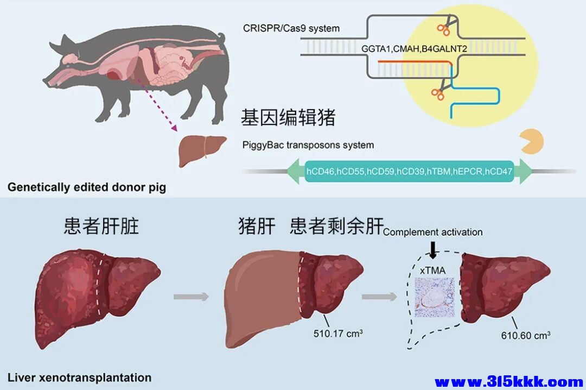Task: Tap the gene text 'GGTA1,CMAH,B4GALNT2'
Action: click(415, 49)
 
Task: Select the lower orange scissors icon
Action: click(437, 93)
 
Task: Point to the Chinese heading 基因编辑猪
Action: click(288, 118)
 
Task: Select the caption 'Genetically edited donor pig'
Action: click(87, 188)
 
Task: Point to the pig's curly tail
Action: click(221, 38)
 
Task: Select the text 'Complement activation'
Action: click(432, 232)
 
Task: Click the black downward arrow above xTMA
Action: click(432, 250)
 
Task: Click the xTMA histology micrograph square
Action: click(432, 297)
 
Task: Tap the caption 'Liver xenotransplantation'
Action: click(79, 377)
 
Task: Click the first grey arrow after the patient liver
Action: click(191, 297)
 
